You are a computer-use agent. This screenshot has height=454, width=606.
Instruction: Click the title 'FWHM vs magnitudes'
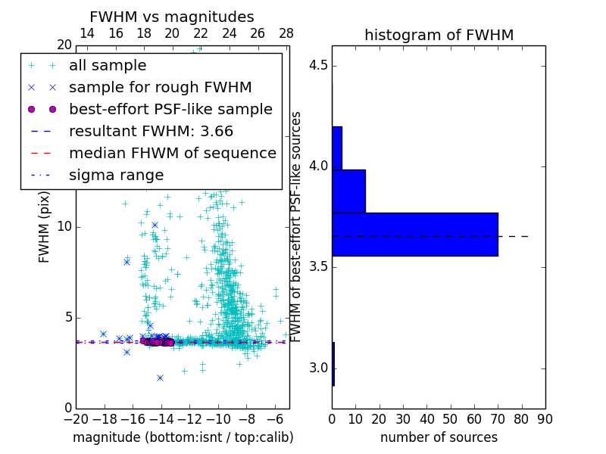click(x=172, y=17)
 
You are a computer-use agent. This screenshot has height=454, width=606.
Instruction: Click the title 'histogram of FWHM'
click(x=439, y=35)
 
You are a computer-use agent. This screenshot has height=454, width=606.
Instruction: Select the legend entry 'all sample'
click(x=108, y=66)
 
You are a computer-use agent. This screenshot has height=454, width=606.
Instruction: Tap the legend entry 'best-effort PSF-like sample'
click(x=170, y=110)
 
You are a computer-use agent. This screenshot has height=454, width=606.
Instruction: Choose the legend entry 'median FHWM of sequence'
click(x=172, y=154)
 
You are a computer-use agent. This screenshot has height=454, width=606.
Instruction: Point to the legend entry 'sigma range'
click(x=116, y=176)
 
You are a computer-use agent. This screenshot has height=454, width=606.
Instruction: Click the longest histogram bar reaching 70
click(x=414, y=234)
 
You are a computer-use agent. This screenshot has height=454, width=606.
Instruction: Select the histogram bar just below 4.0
click(x=348, y=191)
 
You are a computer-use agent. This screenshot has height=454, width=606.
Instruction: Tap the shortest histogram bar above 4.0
click(x=337, y=148)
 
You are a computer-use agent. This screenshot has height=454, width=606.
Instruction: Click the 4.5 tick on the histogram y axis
click(x=318, y=65)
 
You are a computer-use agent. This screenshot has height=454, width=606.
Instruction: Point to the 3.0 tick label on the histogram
click(x=318, y=368)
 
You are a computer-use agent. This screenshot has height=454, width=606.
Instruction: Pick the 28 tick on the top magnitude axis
click(x=286, y=34)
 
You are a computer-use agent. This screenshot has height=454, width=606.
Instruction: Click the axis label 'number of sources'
click(x=439, y=437)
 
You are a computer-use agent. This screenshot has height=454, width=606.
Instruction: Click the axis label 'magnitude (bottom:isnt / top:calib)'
click(x=183, y=437)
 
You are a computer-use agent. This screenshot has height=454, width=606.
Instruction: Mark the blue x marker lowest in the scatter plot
click(x=160, y=378)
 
